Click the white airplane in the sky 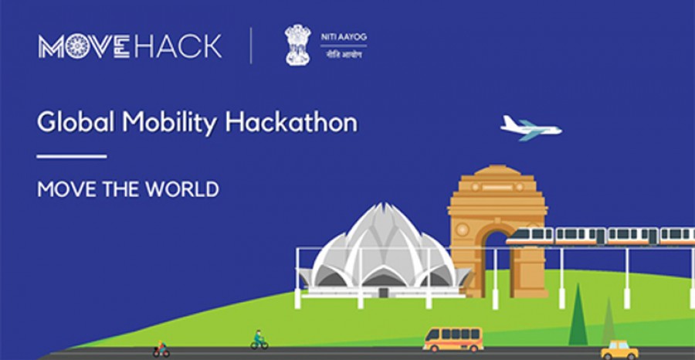[531, 128]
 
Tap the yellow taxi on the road [619, 350]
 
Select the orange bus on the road [453, 339]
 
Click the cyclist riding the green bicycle [259, 341]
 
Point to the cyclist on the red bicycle [161, 349]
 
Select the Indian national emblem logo [298, 45]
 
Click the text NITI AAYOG [344, 37]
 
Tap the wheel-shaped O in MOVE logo [76, 46]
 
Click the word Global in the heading [76, 122]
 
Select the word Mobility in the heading [170, 124]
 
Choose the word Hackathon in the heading [291, 122]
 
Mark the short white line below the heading [72, 156]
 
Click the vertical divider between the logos [251, 46]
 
